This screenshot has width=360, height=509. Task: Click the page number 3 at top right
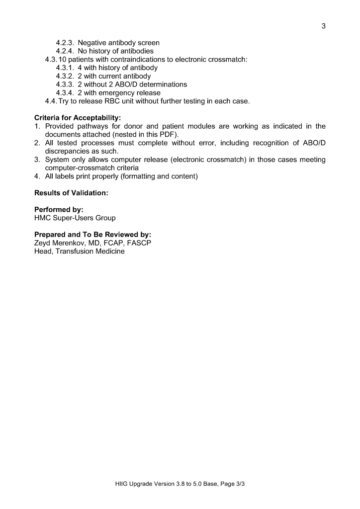[x=323, y=26]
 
